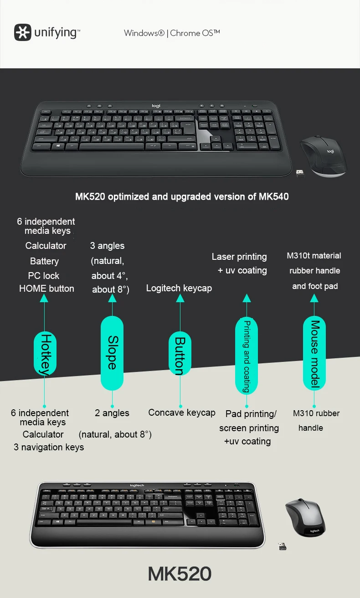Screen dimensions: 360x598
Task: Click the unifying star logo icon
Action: (23, 33)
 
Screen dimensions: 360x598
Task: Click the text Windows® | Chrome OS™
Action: (172, 33)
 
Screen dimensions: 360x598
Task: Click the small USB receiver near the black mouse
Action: (300, 174)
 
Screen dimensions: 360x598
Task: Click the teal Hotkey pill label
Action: (45, 354)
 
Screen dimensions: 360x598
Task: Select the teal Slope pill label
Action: (112, 353)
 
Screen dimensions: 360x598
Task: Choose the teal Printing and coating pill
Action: (247, 356)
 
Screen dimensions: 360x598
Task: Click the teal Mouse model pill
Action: (314, 353)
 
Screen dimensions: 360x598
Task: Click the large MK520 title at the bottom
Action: (180, 574)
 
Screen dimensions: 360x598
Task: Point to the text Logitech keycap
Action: (179, 288)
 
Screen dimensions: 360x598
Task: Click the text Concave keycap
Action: (181, 412)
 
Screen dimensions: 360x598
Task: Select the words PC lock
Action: (44, 276)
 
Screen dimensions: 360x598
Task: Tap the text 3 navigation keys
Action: (49, 447)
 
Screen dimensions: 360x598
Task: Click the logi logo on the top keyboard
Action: (156, 106)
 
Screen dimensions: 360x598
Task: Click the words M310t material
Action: (314, 256)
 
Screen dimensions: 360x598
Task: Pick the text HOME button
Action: (46, 289)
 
